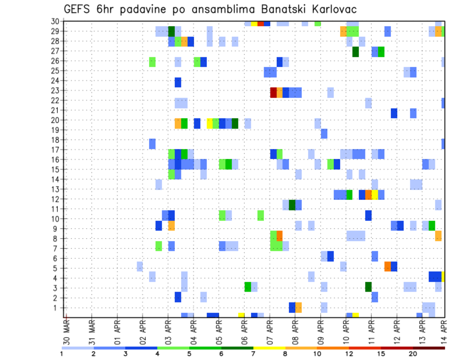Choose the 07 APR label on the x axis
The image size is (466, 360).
tap(269, 331)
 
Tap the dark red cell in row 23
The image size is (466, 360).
tap(273, 92)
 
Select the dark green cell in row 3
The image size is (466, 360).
tap(368, 287)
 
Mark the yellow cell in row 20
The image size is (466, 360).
tap(210, 123)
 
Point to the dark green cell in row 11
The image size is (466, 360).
tap(292, 205)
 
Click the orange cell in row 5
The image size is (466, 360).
tap(387, 266)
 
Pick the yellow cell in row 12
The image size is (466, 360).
tap(375, 195)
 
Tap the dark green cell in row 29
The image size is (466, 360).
tap(171, 32)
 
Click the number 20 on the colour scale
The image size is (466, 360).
tap(413, 354)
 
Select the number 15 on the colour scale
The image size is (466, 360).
tap(381, 354)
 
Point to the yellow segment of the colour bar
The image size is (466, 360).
tap(269, 348)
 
